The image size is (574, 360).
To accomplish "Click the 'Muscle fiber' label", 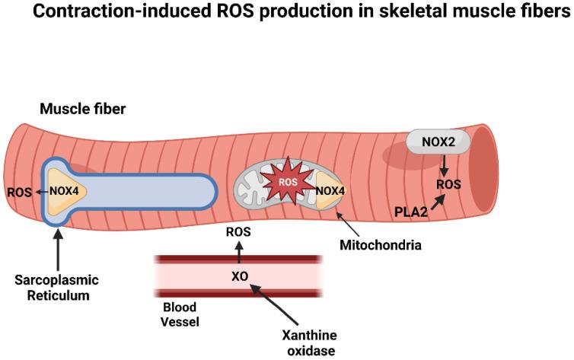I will [x=83, y=110].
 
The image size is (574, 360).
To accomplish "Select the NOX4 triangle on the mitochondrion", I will [x=330, y=191].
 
